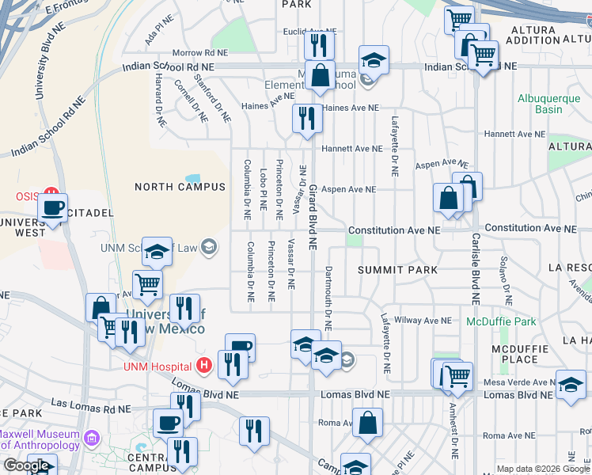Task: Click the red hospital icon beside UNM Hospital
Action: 204,366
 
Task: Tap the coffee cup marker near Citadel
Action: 53,209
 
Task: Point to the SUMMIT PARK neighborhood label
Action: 397,270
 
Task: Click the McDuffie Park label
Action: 501,321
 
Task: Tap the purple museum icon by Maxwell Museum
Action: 93,438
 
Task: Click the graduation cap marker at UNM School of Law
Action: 157,253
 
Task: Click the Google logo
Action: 26,465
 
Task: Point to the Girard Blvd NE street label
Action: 313,217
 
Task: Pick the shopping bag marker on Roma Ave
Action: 368,424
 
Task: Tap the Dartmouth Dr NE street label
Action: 328,298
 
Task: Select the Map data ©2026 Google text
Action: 542,469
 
